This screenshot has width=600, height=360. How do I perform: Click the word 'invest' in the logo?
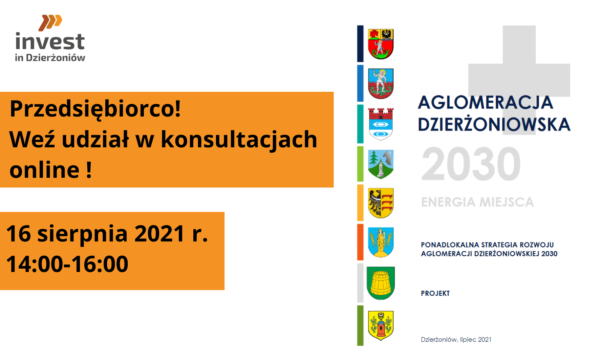pyautogui.click(x=50, y=41)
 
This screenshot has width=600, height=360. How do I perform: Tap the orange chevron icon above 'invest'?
pyautogui.click(x=50, y=22)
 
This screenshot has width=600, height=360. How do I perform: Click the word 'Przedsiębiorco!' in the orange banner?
pyautogui.click(x=95, y=109)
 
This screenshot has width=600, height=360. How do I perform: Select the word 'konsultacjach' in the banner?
pyautogui.click(x=239, y=140)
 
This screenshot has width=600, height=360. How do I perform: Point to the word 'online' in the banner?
pyautogui.click(x=44, y=170)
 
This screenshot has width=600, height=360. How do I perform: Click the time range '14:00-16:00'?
pyautogui.click(x=67, y=264)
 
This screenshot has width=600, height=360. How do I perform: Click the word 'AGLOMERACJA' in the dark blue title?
pyautogui.click(x=485, y=102)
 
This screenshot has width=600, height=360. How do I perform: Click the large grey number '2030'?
pyautogui.click(x=471, y=164)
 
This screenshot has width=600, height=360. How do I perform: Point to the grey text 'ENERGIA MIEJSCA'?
pyautogui.click(x=477, y=202)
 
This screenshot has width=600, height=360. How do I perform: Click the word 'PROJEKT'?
pyautogui.click(x=435, y=293)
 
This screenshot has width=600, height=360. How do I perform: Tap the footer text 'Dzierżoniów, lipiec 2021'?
pyautogui.click(x=456, y=339)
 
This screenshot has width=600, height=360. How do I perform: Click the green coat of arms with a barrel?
pyautogui.click(x=381, y=283)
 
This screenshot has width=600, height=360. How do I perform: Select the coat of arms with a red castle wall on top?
pyautogui.click(x=381, y=124)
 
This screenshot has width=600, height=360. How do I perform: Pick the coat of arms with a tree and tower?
pyautogui.click(x=381, y=164)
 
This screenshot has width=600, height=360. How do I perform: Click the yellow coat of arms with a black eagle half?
pyautogui.click(x=381, y=203)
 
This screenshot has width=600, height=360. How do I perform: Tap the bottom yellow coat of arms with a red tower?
pyautogui.click(x=381, y=325)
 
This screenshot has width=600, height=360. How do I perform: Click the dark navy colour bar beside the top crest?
pyautogui.click(x=360, y=44)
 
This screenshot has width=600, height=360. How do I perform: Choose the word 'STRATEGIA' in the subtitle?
pyautogui.click(x=499, y=245)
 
